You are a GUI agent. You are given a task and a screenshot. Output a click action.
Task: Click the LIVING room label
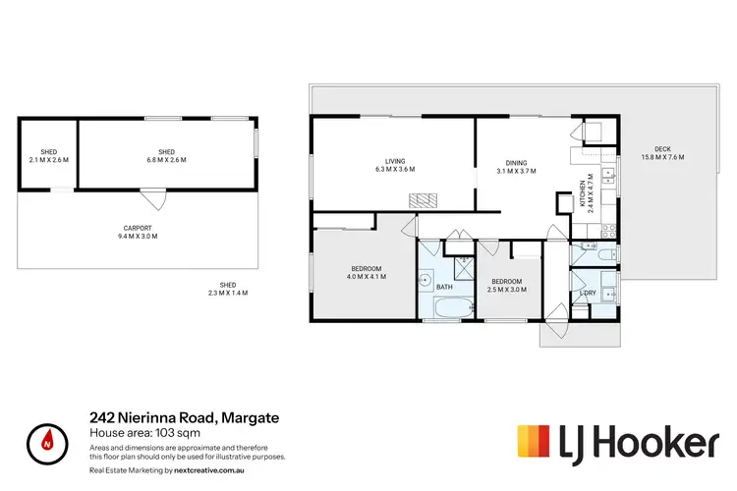click(395, 166)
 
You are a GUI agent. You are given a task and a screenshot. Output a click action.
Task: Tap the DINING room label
click(517, 168)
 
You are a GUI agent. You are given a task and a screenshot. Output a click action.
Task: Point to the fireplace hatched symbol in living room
click(422, 199)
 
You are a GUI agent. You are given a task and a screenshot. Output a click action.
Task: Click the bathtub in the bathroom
click(446, 309)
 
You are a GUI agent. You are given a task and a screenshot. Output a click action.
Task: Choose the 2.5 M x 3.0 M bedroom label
click(509, 285)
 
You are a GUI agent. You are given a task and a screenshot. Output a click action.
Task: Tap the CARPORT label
click(138, 231)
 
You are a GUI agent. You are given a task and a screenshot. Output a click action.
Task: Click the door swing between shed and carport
click(148, 199)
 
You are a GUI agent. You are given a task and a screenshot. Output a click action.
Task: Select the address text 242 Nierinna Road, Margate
click(184, 418)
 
